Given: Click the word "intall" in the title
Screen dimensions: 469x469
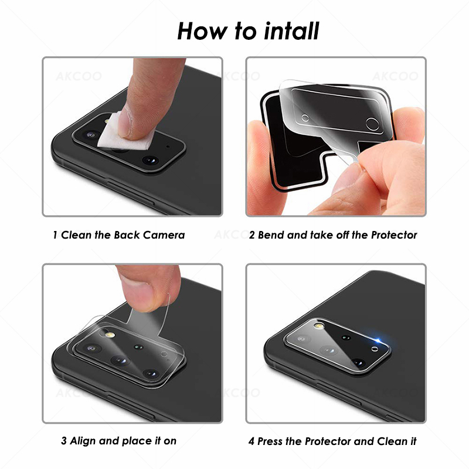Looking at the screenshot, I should (288, 30).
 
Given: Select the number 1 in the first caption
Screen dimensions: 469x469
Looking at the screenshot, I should (55, 235).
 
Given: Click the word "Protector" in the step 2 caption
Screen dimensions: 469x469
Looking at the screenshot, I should (393, 235).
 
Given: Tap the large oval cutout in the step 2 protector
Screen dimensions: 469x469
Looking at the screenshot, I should (372, 123).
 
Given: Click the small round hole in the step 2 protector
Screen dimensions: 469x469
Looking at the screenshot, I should (305, 118).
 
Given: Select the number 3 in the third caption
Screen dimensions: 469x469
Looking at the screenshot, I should (63, 440).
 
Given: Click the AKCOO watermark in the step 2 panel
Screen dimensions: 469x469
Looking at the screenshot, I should (399, 76).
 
